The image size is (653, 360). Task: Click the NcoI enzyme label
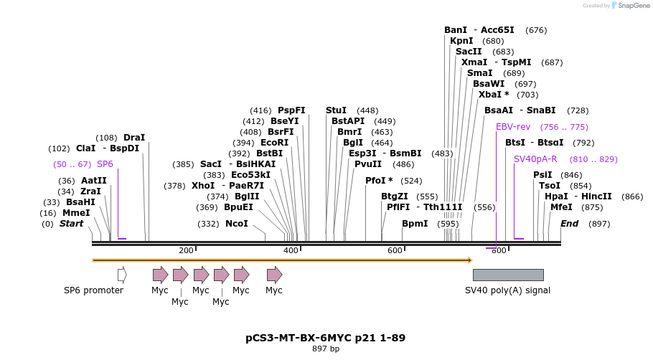click(x=236, y=224)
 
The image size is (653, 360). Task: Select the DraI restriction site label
click(x=134, y=138)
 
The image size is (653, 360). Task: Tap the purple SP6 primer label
click(x=105, y=164)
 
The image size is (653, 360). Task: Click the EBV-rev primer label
click(x=512, y=127)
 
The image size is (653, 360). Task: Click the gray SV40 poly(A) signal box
click(x=507, y=275)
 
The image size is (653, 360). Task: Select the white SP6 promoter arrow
click(x=122, y=275)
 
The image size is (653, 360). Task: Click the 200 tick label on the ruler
click(x=186, y=250)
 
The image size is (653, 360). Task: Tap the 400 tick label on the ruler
click(x=291, y=250)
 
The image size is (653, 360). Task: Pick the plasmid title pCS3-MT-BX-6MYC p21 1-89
click(x=325, y=337)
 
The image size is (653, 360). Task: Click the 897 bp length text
click(x=326, y=349)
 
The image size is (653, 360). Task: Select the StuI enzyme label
click(x=336, y=110)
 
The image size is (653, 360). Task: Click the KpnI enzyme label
click(x=461, y=41)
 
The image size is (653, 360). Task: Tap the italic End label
click(x=569, y=224)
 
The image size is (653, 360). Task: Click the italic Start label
click(x=71, y=224)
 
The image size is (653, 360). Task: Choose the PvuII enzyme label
click(x=368, y=164)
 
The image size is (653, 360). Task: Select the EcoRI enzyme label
click(x=274, y=143)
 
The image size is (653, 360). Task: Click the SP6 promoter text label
click(x=93, y=290)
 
